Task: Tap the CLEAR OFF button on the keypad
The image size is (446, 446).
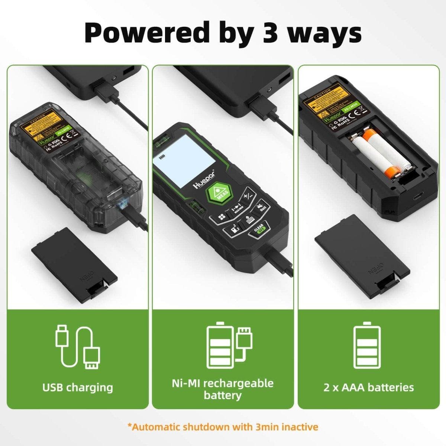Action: pyautogui.click(x=258, y=230)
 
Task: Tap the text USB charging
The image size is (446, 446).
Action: pyautogui.click(x=78, y=387)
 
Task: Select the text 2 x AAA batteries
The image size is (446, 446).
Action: pyautogui.click(x=368, y=387)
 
